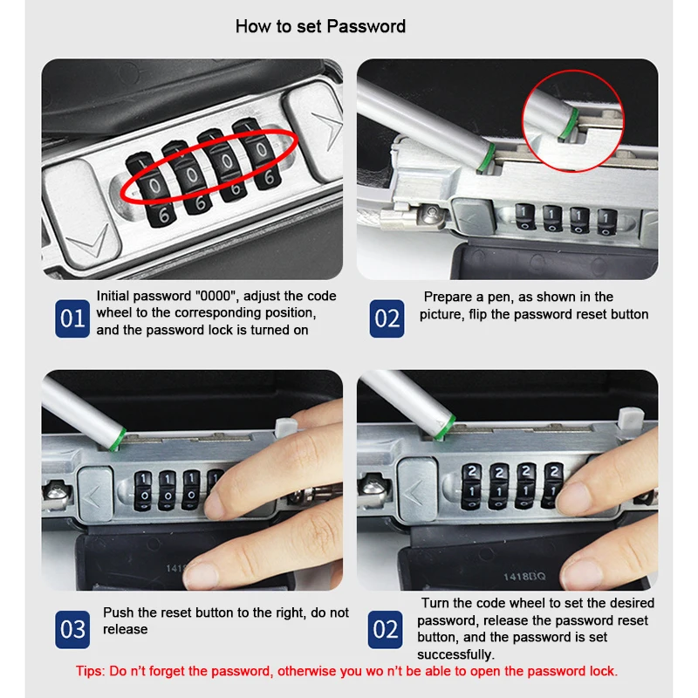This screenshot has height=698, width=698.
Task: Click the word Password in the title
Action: point(366,26)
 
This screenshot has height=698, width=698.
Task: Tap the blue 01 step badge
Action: point(72,318)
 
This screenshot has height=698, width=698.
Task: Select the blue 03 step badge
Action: point(72,629)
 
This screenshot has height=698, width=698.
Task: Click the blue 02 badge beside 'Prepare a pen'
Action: point(387,318)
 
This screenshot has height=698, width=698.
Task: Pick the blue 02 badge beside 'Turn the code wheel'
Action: point(385,629)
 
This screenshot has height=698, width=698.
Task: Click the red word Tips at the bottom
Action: point(90,671)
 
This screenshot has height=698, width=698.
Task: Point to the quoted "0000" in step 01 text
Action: point(216,296)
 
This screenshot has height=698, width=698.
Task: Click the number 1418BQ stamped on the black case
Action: point(524,577)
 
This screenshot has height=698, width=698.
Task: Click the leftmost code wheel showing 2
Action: point(471,486)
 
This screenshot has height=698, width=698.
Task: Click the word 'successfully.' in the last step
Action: point(455,654)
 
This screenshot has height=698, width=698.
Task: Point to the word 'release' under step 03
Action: point(125,629)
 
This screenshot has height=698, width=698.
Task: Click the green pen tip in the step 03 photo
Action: point(118,439)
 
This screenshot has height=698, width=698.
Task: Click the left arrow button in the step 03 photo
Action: point(95,493)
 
